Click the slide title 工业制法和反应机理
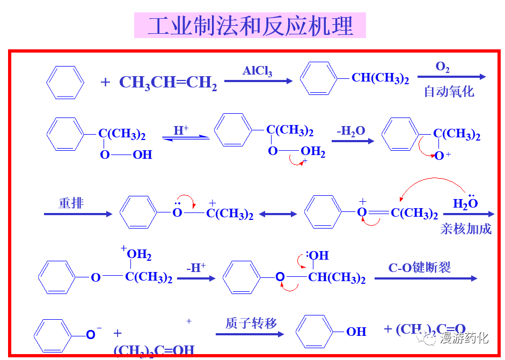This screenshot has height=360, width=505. coord(250,26)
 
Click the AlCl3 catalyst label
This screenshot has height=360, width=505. coord(258,71)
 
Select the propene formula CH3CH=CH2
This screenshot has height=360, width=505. coord(168,83)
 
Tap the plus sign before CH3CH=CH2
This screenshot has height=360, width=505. coord(105,82)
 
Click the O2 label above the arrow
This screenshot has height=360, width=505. coord(442,67)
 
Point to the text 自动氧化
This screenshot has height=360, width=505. coord(449,91)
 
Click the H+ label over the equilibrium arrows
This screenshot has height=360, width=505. coord(181,130)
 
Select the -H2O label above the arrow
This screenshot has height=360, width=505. coord(351,131)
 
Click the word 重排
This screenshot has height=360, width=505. coord(71,203)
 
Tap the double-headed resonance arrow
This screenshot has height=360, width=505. coord(277,214)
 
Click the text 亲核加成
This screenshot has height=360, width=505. coord(466,229)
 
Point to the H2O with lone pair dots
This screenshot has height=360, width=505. coord(465,203)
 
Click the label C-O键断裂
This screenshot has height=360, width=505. coord(420,268)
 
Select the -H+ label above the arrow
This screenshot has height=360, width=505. coord(196,268)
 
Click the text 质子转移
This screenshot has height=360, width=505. coord(251,323)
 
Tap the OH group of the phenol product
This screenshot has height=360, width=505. coord(356,332)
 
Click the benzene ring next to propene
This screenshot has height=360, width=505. coord(65,82)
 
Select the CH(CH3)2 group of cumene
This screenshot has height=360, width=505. coord(380,78)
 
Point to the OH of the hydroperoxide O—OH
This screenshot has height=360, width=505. coord(142,155)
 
